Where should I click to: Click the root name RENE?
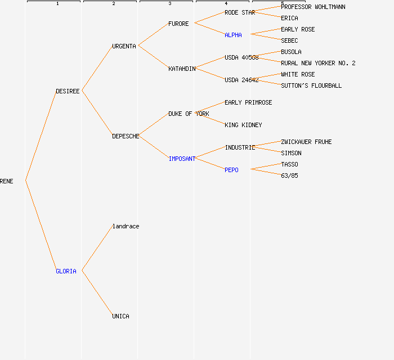click(x=7, y=181)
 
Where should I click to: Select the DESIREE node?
click(x=68, y=91)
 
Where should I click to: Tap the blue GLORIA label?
click(x=66, y=271)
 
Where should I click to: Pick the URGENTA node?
click(x=124, y=46)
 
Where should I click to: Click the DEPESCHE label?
click(x=126, y=136)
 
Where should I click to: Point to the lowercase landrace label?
click(x=126, y=226)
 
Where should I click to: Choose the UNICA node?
click(x=120, y=316)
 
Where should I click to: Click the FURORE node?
click(x=178, y=24)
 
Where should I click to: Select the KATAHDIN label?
click(x=182, y=69)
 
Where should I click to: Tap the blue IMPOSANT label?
click(x=182, y=159)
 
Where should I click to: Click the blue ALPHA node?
click(x=233, y=35)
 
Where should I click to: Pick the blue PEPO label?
click(x=231, y=170)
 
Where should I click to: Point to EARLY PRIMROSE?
click(x=248, y=102)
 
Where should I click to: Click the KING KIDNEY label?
click(x=243, y=125)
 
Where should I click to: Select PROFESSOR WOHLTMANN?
click(x=313, y=7)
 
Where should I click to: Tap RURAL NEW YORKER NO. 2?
click(x=318, y=63)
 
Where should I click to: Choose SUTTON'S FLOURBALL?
click(x=311, y=85)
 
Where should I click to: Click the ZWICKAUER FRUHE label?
click(x=306, y=142)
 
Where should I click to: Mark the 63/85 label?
click(x=289, y=175)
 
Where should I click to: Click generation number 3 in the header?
click(x=169, y=3)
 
